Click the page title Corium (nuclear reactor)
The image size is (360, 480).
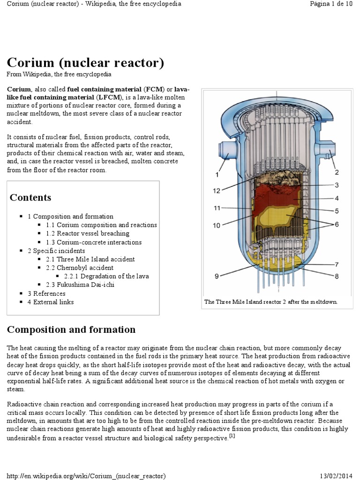click(85, 62)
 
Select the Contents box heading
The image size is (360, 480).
click(30, 197)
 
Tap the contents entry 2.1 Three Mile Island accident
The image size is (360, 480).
click(90, 259)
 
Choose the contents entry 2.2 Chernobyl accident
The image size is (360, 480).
click(80, 268)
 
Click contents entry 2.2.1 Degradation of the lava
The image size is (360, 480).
click(106, 276)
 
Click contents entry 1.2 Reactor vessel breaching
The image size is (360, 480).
click(88, 233)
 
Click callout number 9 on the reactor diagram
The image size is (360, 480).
click(217, 276)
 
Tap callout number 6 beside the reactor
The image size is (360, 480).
click(337, 225)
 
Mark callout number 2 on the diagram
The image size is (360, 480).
click(337, 172)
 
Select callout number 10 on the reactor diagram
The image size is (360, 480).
click(217, 225)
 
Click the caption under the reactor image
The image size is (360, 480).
click(271, 302)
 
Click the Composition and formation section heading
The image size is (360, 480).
click(71, 330)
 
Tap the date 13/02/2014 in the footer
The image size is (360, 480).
click(335, 476)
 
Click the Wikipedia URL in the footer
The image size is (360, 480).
click(86, 476)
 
